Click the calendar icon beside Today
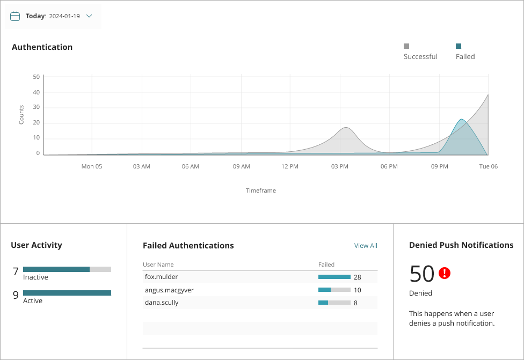tap(15, 16)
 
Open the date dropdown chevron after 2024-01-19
tap(89, 16)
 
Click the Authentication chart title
tap(42, 47)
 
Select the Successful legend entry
tap(420, 56)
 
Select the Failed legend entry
tap(465, 56)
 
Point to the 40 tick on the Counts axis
tap(37, 92)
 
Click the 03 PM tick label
tap(339, 167)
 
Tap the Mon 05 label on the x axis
tap(92, 167)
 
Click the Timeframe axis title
tap(261, 190)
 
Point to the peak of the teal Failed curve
tap(462, 120)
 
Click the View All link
tap(366, 246)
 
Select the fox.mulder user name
tap(161, 277)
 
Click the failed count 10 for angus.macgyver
tap(357, 290)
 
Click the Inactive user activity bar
tap(67, 269)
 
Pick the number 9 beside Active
tap(16, 295)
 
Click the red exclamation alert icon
tap(445, 273)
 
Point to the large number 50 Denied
tap(421, 274)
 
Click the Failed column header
tap(326, 265)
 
